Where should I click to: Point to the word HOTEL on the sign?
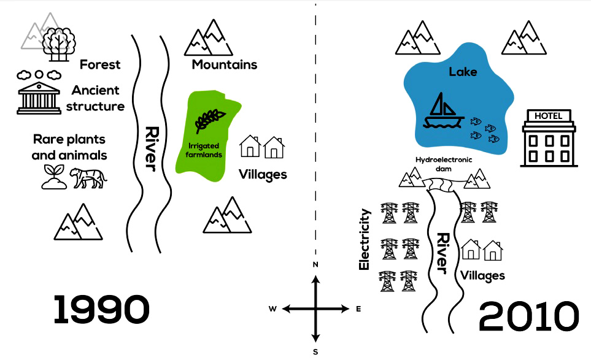click(548, 116)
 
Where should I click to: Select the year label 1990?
click(101, 310)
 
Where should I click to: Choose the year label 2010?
click(528, 317)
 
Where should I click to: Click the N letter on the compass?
click(315, 265)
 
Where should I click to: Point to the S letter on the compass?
click(315, 352)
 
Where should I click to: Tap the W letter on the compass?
click(272, 309)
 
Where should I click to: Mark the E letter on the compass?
click(358, 309)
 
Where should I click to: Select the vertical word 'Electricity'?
click(364, 239)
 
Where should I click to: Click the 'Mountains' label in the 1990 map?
click(224, 64)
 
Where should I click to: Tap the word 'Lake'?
click(463, 72)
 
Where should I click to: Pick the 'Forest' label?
click(100, 64)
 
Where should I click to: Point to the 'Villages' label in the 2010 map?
click(482, 275)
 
